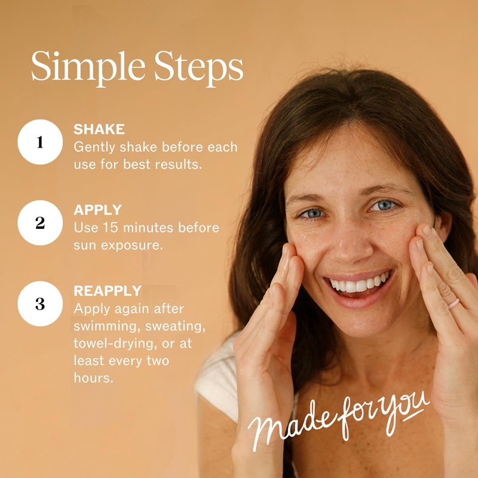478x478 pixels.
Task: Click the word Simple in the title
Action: tap(88, 68)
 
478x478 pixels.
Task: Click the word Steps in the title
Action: tap(198, 68)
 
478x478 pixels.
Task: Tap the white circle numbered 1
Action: tap(40, 142)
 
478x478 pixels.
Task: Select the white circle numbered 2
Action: tap(40, 223)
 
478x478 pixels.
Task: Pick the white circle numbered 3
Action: tap(40, 304)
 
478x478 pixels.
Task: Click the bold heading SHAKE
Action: tap(99, 129)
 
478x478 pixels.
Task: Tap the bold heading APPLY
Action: tap(97, 210)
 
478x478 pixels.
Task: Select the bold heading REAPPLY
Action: tap(108, 291)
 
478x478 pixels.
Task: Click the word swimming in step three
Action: tap(107, 326)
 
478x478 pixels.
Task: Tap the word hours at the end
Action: tap(93, 378)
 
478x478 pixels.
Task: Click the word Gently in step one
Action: tap(94, 148)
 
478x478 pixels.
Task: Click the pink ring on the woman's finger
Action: tap(454, 304)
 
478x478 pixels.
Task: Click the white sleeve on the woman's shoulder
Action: tap(218, 381)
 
